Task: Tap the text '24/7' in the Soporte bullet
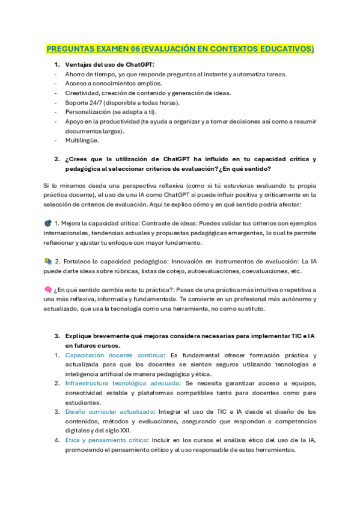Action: [x=94, y=103]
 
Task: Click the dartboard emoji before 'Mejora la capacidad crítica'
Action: [x=48, y=223]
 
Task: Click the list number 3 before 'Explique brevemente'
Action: [x=56, y=336]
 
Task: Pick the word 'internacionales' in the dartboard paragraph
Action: [x=66, y=233]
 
